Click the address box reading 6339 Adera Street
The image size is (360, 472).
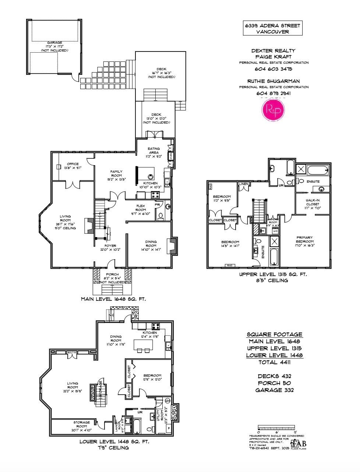point(272,28)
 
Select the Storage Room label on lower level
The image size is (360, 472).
point(82,427)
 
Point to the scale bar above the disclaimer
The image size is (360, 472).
point(277,429)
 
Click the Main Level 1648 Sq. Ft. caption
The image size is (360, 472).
point(113,299)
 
